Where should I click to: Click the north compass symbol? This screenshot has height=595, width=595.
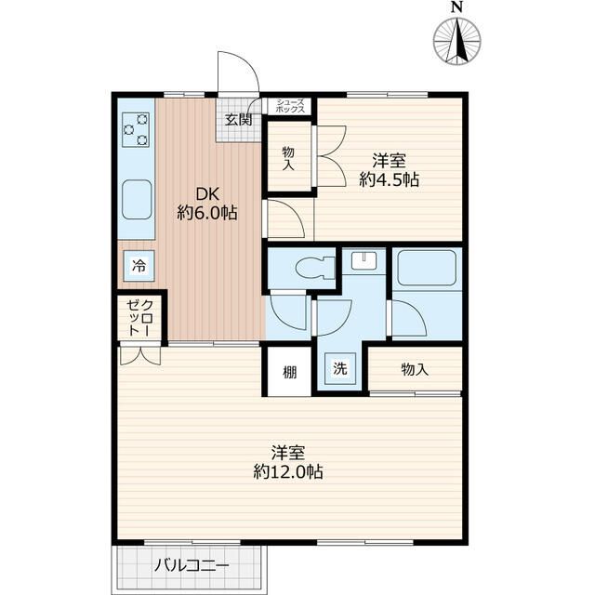click(457, 40)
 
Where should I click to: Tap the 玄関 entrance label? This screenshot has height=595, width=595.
click(238, 120)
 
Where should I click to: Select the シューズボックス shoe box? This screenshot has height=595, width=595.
click(289, 106)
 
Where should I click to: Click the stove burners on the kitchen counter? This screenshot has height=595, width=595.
click(136, 130)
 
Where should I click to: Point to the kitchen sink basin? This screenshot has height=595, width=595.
click(137, 200)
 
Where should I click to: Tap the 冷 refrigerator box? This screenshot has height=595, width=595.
click(139, 266)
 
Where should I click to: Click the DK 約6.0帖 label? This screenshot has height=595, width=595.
click(207, 205)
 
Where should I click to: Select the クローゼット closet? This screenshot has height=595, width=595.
click(139, 317)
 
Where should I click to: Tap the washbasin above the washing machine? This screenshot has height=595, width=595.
click(364, 261)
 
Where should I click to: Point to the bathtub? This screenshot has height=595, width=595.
click(426, 268)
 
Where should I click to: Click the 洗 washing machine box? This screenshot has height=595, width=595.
click(340, 368)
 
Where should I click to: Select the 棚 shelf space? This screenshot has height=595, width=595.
click(289, 372)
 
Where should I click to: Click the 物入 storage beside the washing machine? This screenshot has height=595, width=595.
click(415, 369)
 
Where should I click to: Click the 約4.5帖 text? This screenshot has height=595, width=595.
click(389, 179)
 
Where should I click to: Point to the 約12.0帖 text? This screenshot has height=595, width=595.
click(288, 471)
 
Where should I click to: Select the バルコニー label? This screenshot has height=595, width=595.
click(192, 566)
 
